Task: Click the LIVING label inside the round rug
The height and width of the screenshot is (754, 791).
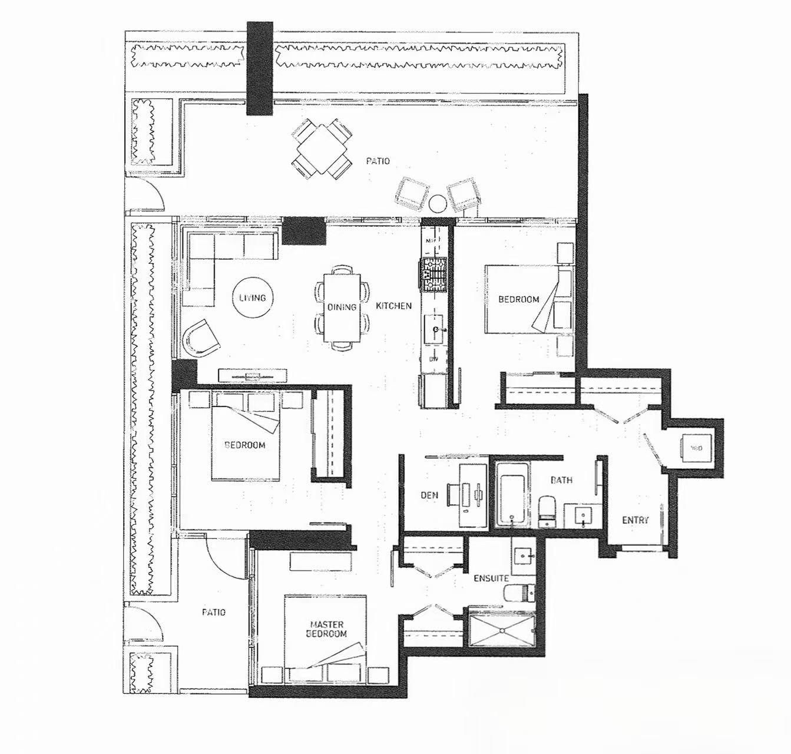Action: click(252, 298)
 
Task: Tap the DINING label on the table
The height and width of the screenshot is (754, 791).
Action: click(342, 307)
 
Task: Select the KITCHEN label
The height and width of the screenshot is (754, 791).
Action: click(393, 306)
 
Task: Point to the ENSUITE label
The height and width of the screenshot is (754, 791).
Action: click(491, 578)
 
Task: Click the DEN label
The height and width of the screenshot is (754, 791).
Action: click(429, 495)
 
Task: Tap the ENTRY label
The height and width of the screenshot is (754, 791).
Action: click(636, 520)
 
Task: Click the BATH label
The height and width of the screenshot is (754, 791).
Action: click(561, 480)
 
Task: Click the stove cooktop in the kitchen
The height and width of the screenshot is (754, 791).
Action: click(433, 274)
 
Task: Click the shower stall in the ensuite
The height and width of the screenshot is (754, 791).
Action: click(501, 630)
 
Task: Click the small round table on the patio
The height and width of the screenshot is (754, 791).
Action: click(438, 203)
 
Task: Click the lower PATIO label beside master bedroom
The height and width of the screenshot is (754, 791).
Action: click(214, 612)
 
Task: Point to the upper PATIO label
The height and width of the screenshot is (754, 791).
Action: click(377, 161)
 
